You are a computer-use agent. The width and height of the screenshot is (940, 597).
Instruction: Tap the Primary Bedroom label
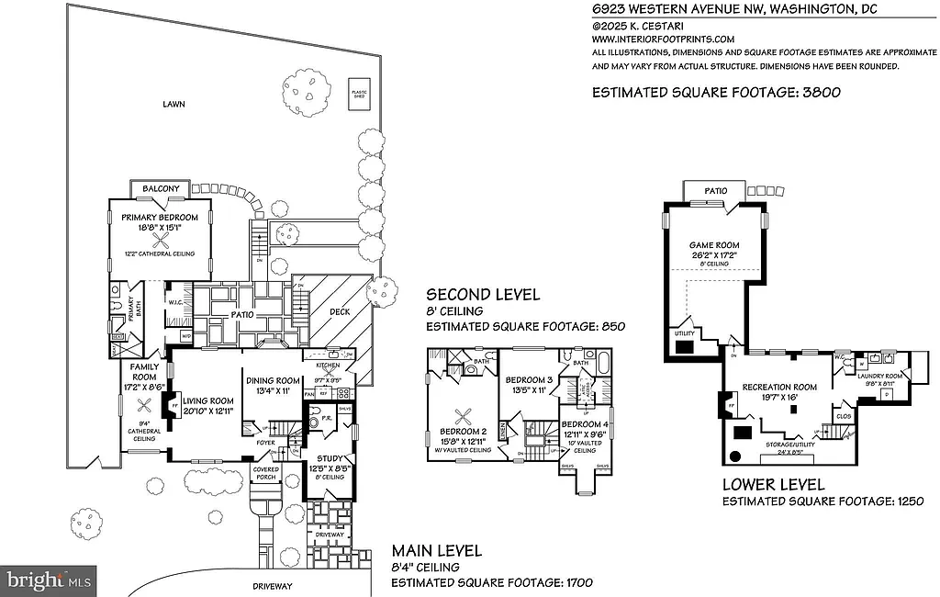(x=162, y=218)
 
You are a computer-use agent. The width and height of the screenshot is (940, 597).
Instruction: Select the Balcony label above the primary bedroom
(x=162, y=189)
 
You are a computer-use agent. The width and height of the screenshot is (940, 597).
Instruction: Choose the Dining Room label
(x=273, y=381)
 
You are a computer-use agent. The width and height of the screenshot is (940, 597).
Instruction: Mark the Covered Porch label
(x=266, y=473)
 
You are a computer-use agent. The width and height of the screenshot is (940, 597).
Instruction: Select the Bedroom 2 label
(x=462, y=431)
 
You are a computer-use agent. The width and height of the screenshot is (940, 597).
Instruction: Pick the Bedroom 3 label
(x=528, y=379)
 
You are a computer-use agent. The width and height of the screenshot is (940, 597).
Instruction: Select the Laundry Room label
(x=880, y=376)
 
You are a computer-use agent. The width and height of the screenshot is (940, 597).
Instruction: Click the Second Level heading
(x=482, y=295)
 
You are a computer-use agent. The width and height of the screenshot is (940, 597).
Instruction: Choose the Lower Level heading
(x=773, y=485)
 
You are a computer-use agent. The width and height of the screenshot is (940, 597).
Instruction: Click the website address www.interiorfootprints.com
(x=663, y=39)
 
